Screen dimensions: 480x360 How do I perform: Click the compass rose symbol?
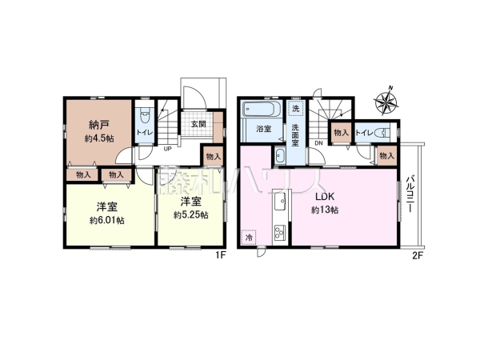[x=386, y=101]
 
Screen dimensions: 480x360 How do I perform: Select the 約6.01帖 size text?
[x=107, y=221]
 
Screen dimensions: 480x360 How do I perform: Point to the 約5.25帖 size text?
[x=190, y=215]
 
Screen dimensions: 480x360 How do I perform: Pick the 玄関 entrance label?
[x=198, y=124]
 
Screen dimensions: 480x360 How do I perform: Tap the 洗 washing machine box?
[x=295, y=108]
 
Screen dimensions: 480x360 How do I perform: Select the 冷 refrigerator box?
[x=250, y=238]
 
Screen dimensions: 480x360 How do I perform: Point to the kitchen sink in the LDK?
[x=281, y=201]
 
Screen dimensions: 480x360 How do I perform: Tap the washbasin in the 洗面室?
[x=280, y=156]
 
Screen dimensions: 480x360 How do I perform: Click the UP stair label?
[x=167, y=149]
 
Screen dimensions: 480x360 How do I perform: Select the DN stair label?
[x=318, y=143]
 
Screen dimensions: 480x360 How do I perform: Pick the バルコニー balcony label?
[x=411, y=194]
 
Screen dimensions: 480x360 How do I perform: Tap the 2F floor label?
[x=418, y=256]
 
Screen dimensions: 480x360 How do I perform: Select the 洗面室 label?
[x=295, y=135]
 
